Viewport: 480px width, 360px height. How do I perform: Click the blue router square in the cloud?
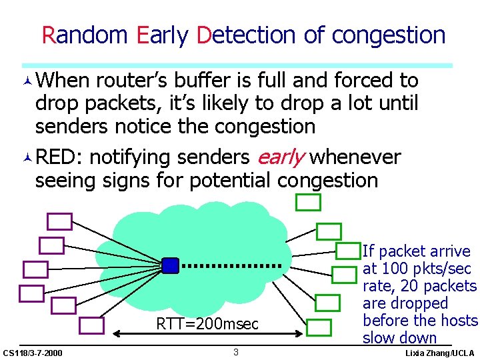coord(171,265)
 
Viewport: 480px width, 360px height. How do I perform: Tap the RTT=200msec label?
coord(207,324)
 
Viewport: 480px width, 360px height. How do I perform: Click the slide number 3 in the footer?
coord(235,351)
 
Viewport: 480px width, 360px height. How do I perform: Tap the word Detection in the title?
coord(247,35)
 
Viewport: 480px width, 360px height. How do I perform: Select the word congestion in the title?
coord(389,35)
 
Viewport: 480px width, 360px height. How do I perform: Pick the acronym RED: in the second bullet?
coord(59,157)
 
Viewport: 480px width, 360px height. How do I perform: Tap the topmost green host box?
coord(309,201)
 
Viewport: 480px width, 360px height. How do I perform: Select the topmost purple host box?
coord(59,221)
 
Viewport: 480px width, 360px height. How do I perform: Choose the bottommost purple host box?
coord(91,325)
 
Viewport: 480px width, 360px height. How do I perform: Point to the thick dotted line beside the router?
coord(231,265)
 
